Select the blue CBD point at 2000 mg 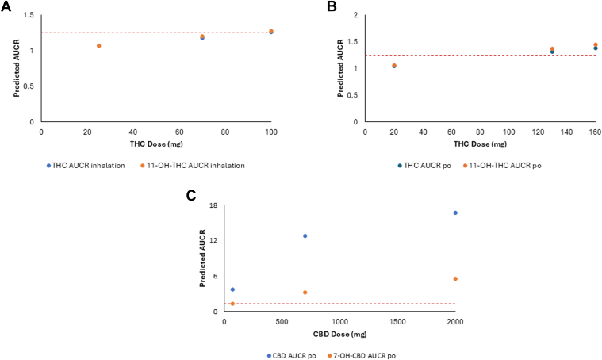(x=455, y=213)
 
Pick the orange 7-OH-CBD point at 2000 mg (x=455, y=279)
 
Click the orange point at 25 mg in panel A (x=99, y=46)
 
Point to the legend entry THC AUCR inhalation (x=86, y=164)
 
